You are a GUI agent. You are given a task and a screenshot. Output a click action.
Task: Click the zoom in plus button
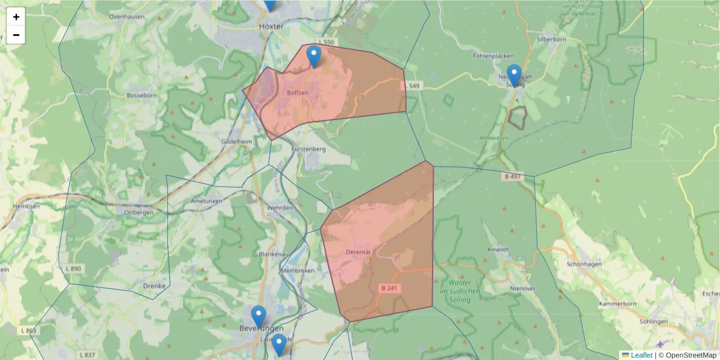16,17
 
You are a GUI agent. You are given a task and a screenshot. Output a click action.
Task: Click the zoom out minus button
16,35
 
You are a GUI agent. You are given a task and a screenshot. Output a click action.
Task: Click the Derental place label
359,252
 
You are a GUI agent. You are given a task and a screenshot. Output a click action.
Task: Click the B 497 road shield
514,176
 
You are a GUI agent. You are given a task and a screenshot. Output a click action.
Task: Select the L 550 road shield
326,42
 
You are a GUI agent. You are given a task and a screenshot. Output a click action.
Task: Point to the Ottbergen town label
139,212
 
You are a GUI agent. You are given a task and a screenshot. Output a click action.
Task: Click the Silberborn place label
551,40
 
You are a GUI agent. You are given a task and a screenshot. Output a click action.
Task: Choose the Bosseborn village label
142,95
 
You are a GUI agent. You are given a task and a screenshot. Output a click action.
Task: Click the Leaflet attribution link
641,355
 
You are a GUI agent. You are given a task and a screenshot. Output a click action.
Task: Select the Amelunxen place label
206,201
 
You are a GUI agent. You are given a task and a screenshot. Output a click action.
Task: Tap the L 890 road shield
74,268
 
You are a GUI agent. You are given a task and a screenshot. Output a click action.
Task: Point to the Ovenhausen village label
127,17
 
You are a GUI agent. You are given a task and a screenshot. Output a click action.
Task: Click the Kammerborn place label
617,305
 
